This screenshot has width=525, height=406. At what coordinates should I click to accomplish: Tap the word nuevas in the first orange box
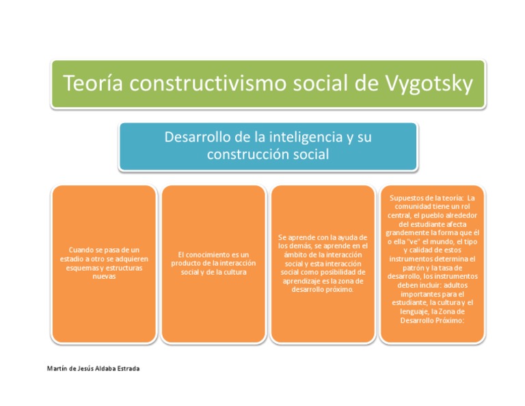(104, 277)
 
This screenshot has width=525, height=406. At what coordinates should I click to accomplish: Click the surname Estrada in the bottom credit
(124, 369)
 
